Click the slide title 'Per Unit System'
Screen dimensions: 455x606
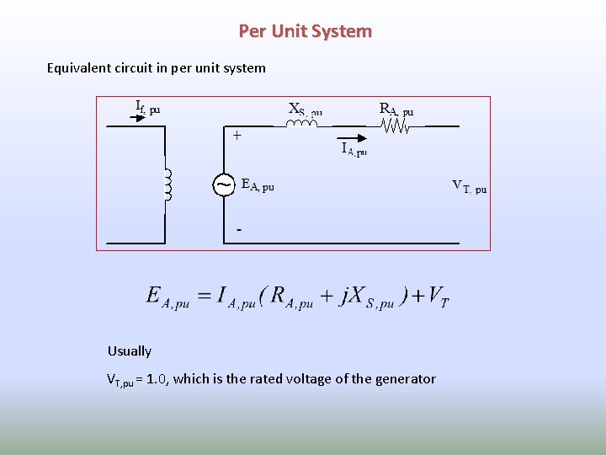point(305,31)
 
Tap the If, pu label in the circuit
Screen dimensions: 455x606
point(147,107)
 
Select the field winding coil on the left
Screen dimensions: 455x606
point(167,185)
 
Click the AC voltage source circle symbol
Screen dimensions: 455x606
point(223,185)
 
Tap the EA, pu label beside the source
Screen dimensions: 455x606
point(258,185)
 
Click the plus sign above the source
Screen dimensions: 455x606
point(237,135)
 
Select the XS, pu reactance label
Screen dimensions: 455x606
point(305,110)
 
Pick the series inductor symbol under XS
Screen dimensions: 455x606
point(301,124)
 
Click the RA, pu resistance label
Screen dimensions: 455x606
point(396,110)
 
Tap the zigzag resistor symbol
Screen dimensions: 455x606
point(395,126)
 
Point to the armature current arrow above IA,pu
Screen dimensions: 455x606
point(351,137)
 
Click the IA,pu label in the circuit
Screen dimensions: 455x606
point(353,149)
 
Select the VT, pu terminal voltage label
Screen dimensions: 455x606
point(469,186)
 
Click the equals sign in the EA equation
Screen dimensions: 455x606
point(203,296)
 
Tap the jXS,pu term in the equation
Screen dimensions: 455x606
point(366,297)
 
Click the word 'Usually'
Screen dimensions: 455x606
point(130,351)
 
